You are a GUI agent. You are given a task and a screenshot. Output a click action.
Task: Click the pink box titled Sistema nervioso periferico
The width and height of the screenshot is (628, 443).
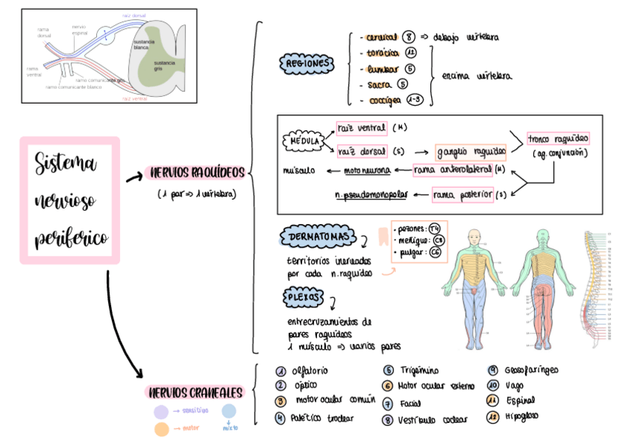coord(70,200)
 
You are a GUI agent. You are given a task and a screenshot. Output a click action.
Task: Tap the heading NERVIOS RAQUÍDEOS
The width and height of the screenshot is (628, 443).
coord(196,173)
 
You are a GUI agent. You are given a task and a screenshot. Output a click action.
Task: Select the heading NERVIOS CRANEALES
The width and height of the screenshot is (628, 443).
coord(196,392)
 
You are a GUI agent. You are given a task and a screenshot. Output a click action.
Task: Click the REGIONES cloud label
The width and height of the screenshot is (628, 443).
coord(306,64)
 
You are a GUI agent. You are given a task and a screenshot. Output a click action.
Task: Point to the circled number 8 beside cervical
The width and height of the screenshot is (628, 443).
coord(411,37)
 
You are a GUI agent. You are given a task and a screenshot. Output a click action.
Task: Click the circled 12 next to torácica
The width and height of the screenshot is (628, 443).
coord(412,53)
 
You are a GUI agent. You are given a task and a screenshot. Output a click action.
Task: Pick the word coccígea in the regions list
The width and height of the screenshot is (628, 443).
coord(384,100)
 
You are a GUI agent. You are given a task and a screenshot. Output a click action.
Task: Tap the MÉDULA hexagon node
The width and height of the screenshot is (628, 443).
coord(304,141)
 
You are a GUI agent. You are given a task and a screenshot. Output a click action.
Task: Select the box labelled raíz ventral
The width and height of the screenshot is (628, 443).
coord(361,128)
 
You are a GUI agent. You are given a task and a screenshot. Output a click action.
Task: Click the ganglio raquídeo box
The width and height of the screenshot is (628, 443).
coord(471,152)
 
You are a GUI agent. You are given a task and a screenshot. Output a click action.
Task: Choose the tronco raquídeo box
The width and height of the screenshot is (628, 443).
coord(558,139)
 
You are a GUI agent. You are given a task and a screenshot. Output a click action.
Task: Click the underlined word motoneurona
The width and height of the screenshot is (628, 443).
coord(367,171)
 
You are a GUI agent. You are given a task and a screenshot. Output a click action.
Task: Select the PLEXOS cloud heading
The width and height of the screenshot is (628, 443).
coord(304,297)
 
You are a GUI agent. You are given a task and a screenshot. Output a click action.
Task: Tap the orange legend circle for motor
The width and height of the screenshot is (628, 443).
coord(161,428)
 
